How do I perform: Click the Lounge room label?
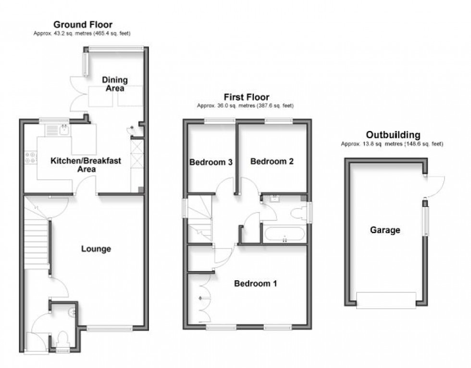coord(96,249)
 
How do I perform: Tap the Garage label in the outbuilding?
coord(384,230)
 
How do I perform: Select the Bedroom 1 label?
coord(255,284)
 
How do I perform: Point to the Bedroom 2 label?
coord(272,162)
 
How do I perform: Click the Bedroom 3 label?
coord(211,162)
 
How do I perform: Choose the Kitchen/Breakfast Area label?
coord(86,165)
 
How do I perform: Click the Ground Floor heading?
coord(83,24)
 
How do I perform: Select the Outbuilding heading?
coord(393,135)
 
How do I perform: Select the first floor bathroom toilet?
coord(301,213)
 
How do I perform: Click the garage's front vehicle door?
coord(384,300)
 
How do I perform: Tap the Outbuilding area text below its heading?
coord(392,144)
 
